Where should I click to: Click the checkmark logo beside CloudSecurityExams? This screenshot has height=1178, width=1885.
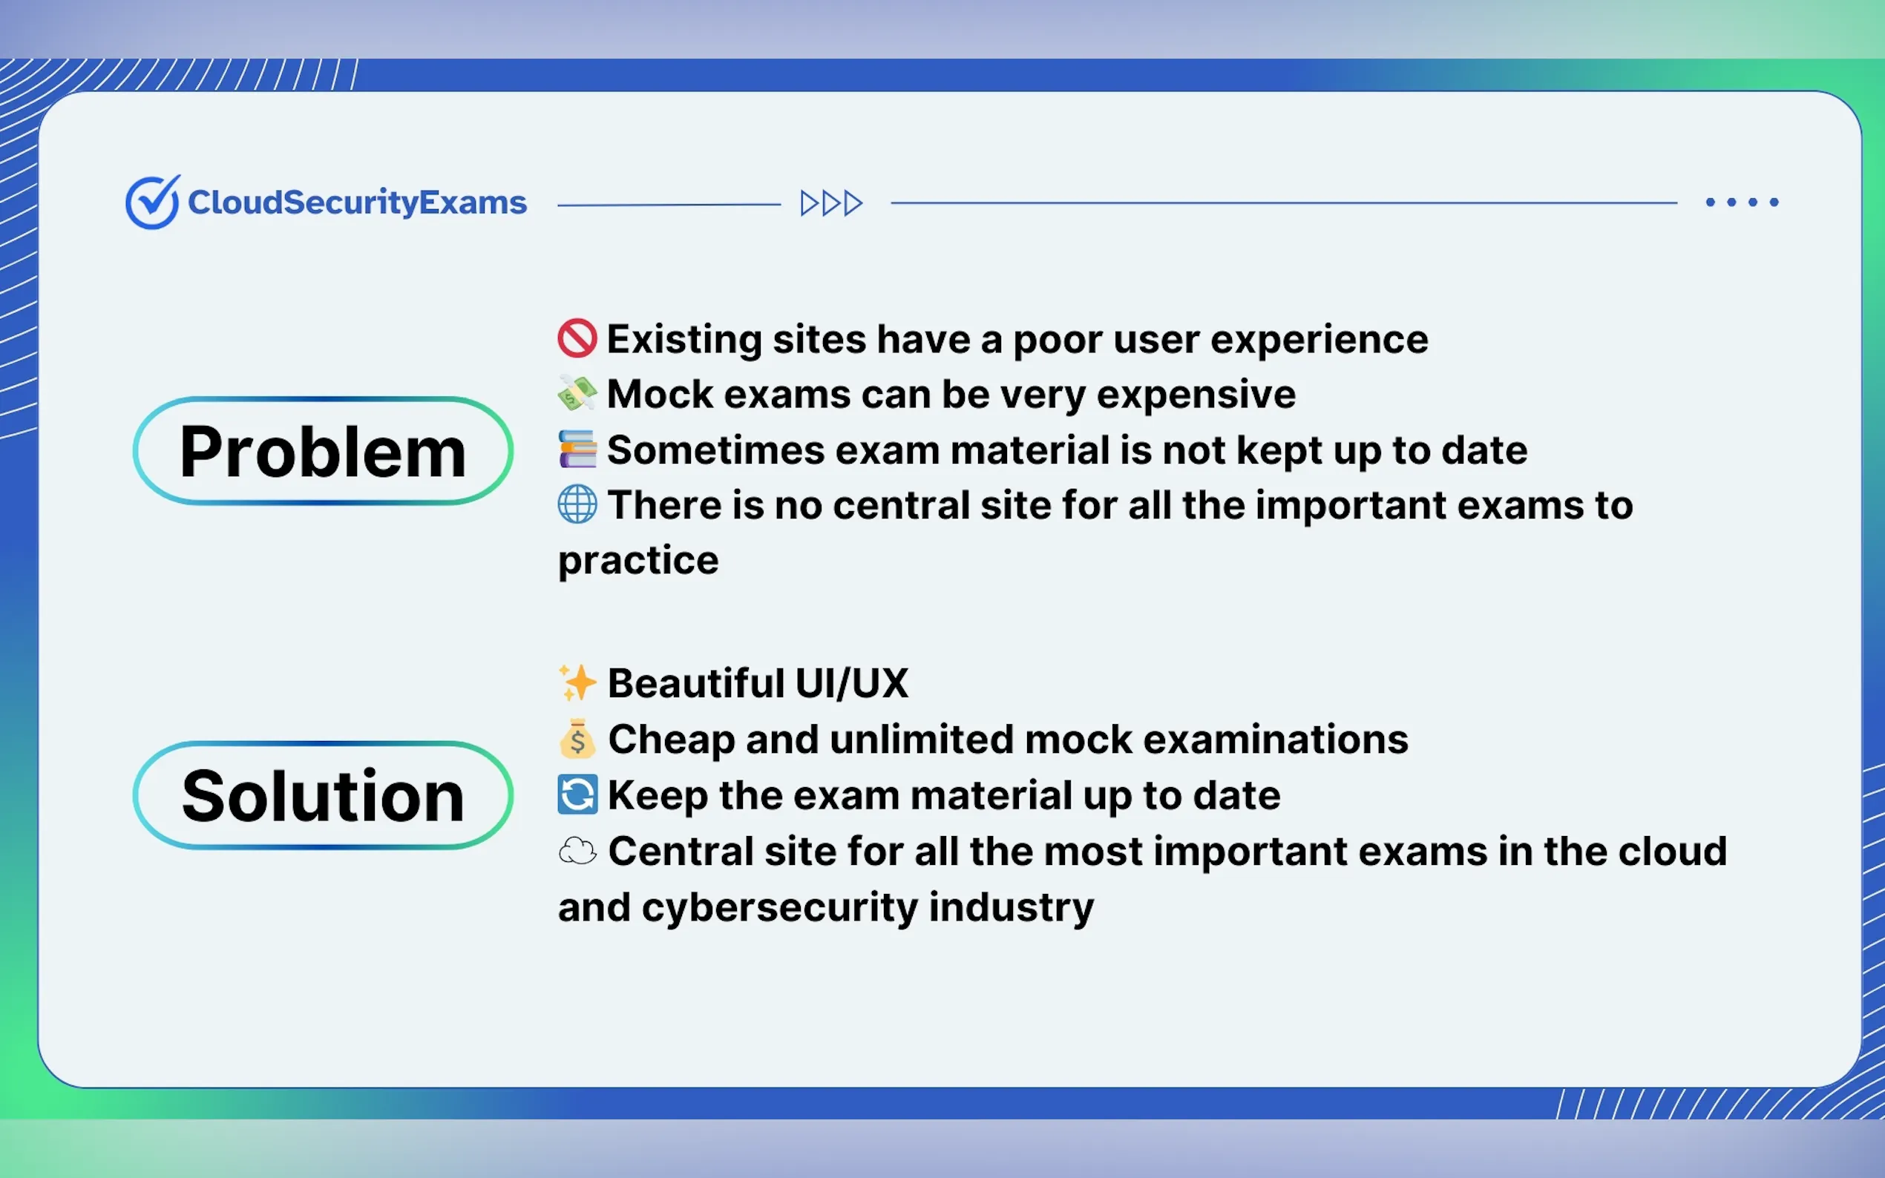click(153, 202)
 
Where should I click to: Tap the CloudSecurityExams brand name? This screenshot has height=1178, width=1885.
click(357, 203)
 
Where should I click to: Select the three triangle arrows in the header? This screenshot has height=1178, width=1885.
click(831, 203)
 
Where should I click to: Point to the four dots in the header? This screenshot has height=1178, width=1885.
click(1743, 202)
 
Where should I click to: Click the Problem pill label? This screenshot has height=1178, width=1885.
click(323, 451)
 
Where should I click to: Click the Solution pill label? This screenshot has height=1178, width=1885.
click(323, 795)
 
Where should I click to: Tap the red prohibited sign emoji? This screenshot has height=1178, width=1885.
click(577, 339)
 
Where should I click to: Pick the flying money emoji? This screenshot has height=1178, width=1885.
click(577, 394)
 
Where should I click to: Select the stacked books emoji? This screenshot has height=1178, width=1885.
click(577, 450)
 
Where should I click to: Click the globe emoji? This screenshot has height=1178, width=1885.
click(577, 504)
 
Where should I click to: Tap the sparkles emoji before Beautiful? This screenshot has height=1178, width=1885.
click(577, 682)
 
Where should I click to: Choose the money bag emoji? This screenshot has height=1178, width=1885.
click(577, 739)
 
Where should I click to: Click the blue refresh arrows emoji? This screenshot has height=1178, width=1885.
click(577, 794)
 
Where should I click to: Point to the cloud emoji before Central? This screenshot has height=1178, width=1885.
click(577, 851)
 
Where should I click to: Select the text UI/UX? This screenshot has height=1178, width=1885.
click(852, 683)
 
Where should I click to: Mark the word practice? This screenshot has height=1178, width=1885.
click(638, 562)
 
